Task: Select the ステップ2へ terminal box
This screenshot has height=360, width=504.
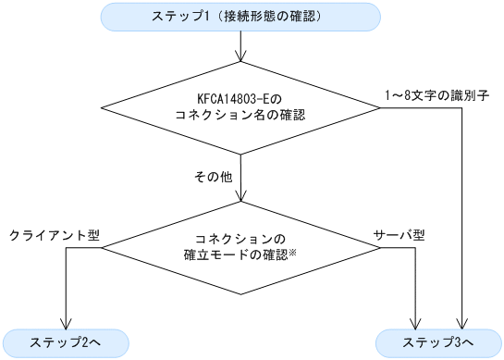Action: point(66,341)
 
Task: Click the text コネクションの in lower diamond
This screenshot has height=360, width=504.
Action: point(241,236)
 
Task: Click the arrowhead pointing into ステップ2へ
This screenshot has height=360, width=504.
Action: point(66,320)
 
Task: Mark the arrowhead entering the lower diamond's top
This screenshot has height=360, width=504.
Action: point(241,197)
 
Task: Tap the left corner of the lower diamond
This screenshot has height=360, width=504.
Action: point(103,248)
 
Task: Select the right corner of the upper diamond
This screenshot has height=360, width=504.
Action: point(380,107)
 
